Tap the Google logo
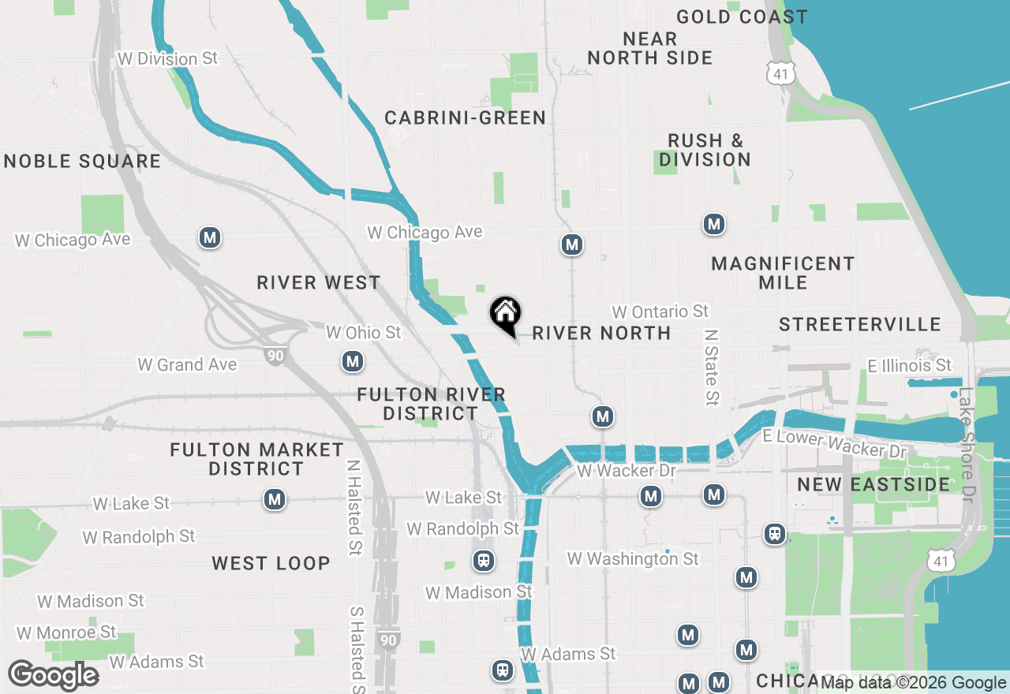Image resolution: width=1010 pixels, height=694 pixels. pos(54,675)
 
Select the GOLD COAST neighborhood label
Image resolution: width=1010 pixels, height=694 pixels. pos(742,17)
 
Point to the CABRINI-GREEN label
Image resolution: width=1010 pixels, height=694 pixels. pos(466,118)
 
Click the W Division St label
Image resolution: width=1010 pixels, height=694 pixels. pos(166,58)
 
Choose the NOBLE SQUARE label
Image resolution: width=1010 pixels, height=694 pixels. pos(82,162)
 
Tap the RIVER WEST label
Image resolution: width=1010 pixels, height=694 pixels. pos(319,282)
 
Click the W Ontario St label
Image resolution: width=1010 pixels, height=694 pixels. pos(660,312)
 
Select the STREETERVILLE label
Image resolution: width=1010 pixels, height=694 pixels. pos(860,324)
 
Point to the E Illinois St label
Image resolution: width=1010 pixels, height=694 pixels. pos(910,365)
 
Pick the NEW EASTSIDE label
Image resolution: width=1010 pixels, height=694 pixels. pos(873,484)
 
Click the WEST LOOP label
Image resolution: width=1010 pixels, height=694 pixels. pos(271,563)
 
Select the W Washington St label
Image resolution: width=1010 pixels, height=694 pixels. pos(633,558)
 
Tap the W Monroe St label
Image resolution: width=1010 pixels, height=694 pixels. pos(67,632)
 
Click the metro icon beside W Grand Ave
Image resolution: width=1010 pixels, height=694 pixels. pos(353,362)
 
